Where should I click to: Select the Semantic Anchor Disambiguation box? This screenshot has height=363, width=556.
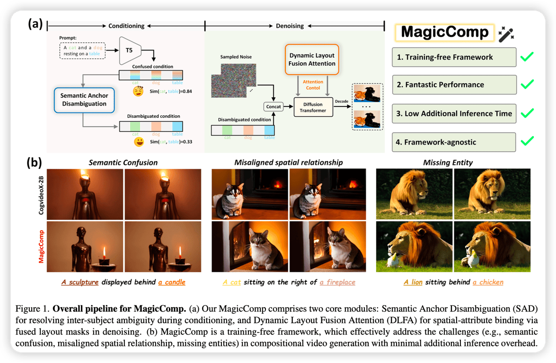coord(84,99)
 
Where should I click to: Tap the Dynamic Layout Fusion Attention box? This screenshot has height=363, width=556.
coord(312,59)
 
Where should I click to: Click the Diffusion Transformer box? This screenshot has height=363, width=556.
coord(312,106)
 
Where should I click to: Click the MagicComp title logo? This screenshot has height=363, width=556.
coord(445,32)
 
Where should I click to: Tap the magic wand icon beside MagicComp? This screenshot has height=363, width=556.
coord(506,34)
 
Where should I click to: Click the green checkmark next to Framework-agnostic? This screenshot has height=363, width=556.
coord(527,140)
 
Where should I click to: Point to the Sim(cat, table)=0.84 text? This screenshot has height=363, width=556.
coord(161,90)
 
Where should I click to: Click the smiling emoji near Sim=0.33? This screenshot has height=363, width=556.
coord(139,141)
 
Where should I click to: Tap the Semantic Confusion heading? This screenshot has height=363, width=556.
coord(123,163)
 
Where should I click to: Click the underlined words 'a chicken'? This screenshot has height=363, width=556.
coord(488,282)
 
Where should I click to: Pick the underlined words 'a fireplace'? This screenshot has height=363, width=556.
coord(337,282)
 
